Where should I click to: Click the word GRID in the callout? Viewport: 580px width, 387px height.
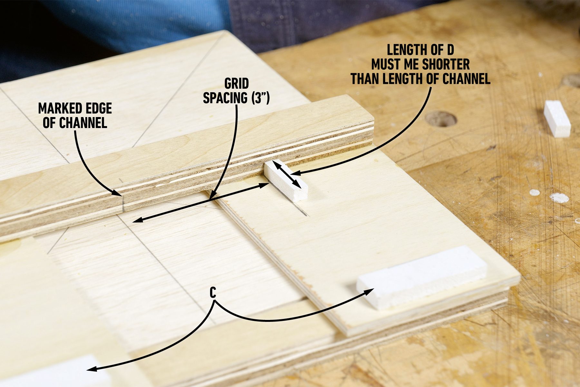(237, 84)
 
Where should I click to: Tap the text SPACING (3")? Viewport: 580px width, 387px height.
(236, 98)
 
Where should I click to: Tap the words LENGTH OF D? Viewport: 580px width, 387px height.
(420, 50)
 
